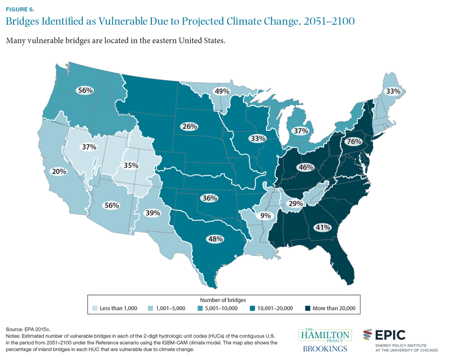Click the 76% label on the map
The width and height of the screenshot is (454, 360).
point(354,141)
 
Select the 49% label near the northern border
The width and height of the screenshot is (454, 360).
point(222,92)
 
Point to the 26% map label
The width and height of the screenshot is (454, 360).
point(190,127)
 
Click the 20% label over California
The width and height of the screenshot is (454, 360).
point(60,171)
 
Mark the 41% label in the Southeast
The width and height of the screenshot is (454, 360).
point(323,227)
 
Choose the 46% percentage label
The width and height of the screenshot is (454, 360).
point(306,167)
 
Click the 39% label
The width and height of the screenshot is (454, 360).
point(153,213)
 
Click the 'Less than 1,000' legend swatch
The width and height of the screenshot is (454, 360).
point(95,307)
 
